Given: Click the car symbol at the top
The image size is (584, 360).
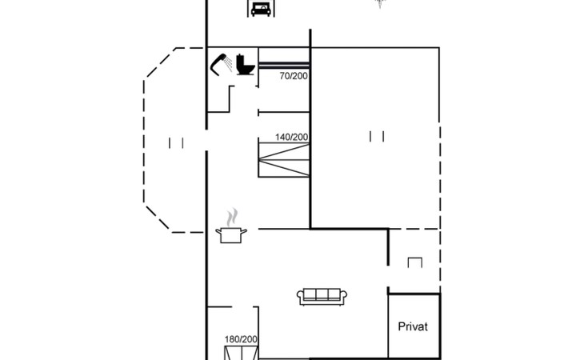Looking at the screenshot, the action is coord(261,9).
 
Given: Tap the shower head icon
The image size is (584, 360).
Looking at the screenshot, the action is coord(218,64).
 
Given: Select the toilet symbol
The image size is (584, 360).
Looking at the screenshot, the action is coord(246,65).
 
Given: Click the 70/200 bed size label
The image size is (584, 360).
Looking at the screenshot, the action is coord(294,76).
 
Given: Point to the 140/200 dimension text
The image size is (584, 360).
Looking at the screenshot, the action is coord(292,137).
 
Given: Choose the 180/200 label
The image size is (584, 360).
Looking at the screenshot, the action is coord(241,339).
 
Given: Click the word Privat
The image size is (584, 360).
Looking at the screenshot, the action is coord(413,326).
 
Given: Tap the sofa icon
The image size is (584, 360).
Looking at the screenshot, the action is coord(322,297).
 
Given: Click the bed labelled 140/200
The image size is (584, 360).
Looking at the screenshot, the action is coord(284,159).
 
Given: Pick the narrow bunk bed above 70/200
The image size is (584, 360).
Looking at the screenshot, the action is coord(284,65).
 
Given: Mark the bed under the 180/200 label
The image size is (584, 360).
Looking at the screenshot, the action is coord(242,353).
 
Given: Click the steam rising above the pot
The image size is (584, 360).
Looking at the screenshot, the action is coord(232,217).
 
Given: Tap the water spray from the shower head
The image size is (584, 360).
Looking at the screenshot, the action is coord(229,64).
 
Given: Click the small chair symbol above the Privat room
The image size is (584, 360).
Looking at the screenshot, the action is coord(415,262).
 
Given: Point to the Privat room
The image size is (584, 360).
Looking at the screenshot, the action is coord(414,326).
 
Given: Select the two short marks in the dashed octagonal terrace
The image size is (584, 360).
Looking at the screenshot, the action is coord(176,143).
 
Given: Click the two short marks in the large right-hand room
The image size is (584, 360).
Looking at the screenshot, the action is coord(377,136).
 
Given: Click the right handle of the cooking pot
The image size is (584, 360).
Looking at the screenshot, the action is coord(244,232).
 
